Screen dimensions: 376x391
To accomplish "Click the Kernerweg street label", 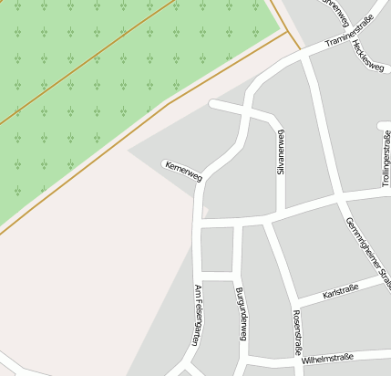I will tap(182, 171).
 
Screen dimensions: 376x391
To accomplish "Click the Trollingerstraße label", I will tap(386, 157).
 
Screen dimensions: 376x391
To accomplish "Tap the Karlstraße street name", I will tap(341, 291).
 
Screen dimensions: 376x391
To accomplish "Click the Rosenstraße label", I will tap(296, 332).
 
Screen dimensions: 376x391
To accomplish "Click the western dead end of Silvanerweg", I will tap(213, 104).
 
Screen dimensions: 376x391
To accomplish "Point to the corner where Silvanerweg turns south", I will tap(276, 120).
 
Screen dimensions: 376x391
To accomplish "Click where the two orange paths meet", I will tap(287, 32).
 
